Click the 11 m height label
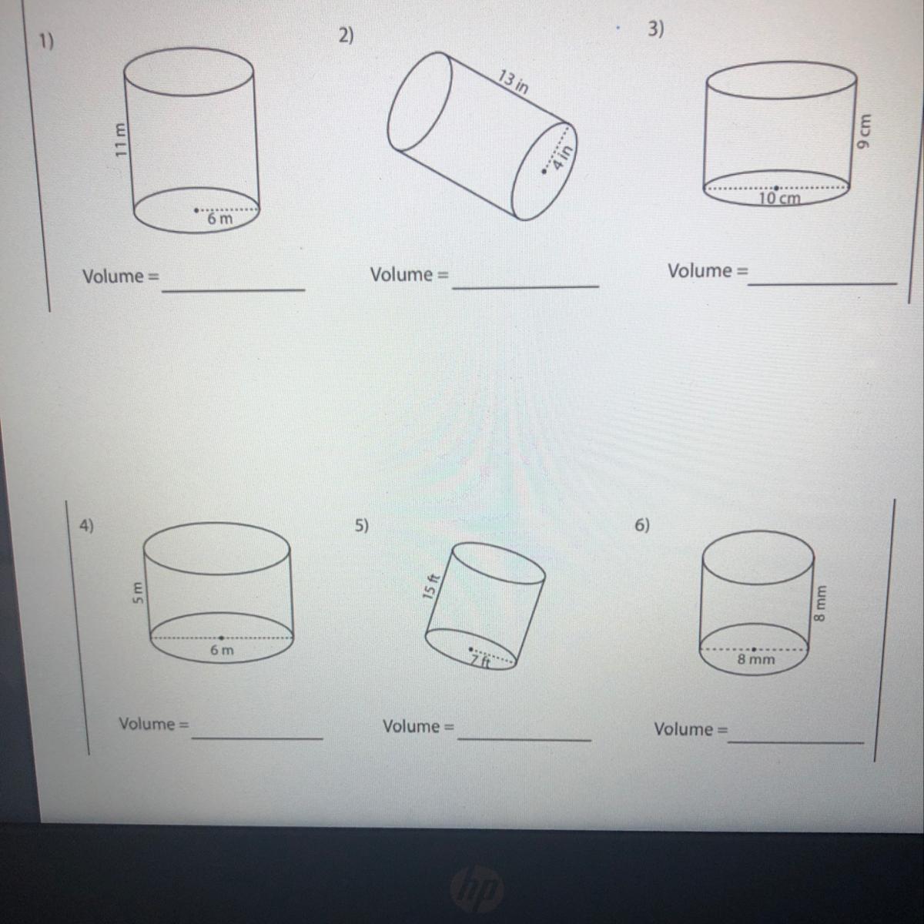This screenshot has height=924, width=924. pos(120,139)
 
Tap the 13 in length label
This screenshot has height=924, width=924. pos(513,82)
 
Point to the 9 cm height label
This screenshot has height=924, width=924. pos(864,132)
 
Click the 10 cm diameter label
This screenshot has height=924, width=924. pos(780,198)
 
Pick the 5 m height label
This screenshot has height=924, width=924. pos(137,593)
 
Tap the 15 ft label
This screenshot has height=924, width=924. pos(430,587)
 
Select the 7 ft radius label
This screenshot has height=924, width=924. pos(480,661)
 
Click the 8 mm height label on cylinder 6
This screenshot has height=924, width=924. pos(820,603)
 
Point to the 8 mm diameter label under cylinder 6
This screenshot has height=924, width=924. pos(756,659)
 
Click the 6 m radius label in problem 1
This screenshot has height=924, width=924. pos(220,219)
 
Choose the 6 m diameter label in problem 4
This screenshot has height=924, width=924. pos(222,650)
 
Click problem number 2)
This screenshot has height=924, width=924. pos(346,36)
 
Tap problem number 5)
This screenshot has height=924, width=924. pos(362,526)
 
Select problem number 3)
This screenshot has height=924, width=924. pos(656,29)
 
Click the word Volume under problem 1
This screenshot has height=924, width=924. pos(113,276)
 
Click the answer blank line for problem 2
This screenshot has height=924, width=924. pos(526,286)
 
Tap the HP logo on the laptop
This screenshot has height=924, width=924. pos(477,888)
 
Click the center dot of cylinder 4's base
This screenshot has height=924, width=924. pos(222,638)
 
